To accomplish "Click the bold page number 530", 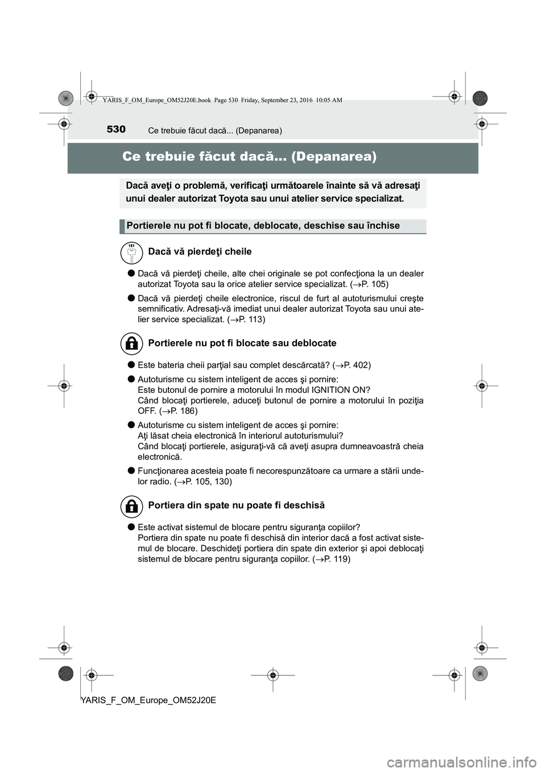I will (x=115, y=130).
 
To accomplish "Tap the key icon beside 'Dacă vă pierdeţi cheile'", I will (x=131, y=252).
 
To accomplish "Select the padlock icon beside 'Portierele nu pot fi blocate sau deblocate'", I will (x=131, y=343).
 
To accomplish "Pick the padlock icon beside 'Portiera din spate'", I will (x=131, y=505).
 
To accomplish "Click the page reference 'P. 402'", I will (x=355, y=365).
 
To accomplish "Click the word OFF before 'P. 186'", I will (x=146, y=410).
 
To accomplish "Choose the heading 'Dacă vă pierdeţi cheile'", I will (x=199, y=252).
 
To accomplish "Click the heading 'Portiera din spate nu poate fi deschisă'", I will (x=236, y=505).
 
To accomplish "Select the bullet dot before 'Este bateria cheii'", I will (x=130, y=365).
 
